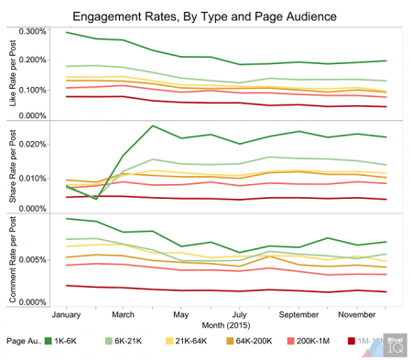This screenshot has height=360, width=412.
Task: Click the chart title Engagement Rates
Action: coord(205,16)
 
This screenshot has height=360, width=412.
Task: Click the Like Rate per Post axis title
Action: coord(11,75)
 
